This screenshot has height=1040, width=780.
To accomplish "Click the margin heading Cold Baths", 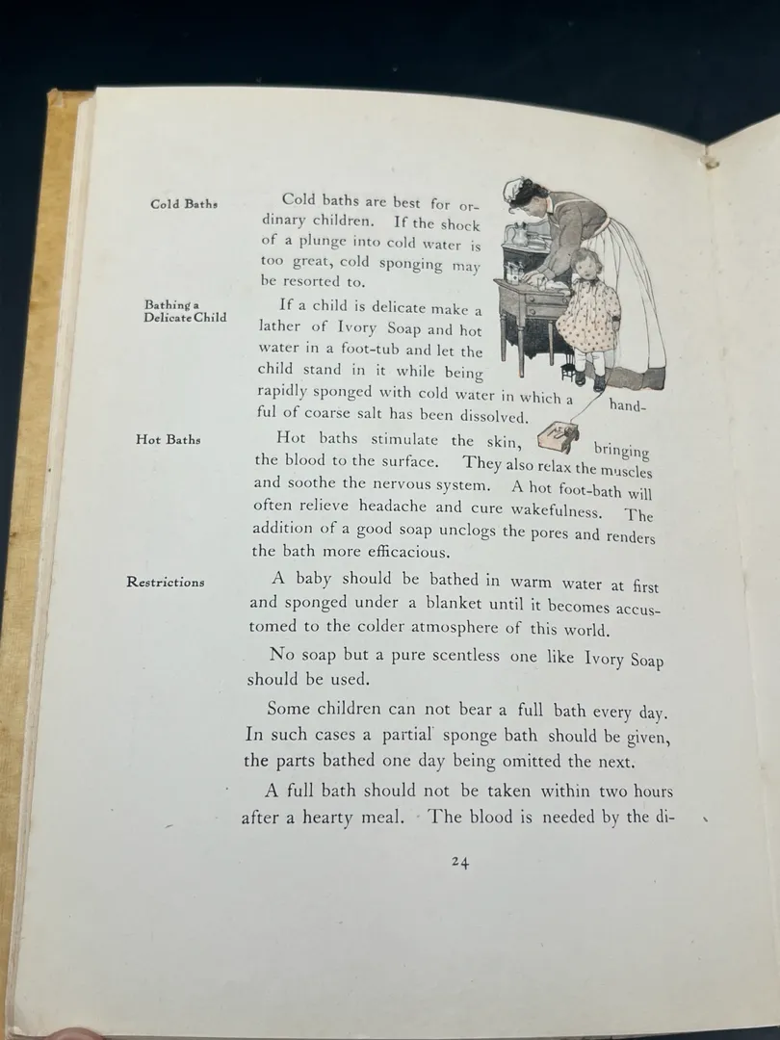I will coord(183,204).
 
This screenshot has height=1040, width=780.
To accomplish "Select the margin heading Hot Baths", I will coord(169,440).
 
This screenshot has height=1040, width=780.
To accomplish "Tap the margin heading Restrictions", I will coord(166,582).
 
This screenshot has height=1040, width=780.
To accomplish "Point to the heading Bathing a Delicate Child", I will coord(185,311).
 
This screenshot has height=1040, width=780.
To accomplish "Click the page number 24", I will coord(459,863).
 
